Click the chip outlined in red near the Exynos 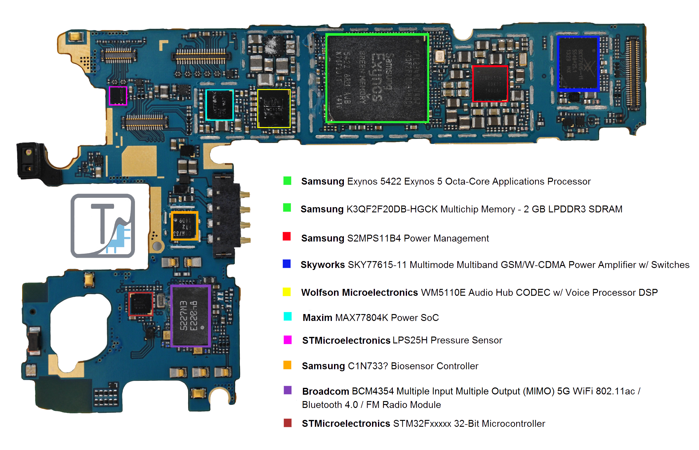click(490, 83)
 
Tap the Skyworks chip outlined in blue click(578, 63)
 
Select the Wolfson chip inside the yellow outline click(274, 108)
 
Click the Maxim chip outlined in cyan click(219, 105)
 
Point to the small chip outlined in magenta click(118, 96)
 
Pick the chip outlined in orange click(185, 226)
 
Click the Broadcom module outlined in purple click(190, 316)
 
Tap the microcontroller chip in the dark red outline click(141, 304)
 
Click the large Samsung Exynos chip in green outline click(377, 78)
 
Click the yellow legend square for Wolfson click(287, 292)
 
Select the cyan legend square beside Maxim click(287, 317)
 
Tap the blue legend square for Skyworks click(287, 264)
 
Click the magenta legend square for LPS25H click(287, 340)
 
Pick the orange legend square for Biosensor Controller click(287, 365)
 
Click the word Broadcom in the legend click(325, 391)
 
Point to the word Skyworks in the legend click(322, 265)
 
